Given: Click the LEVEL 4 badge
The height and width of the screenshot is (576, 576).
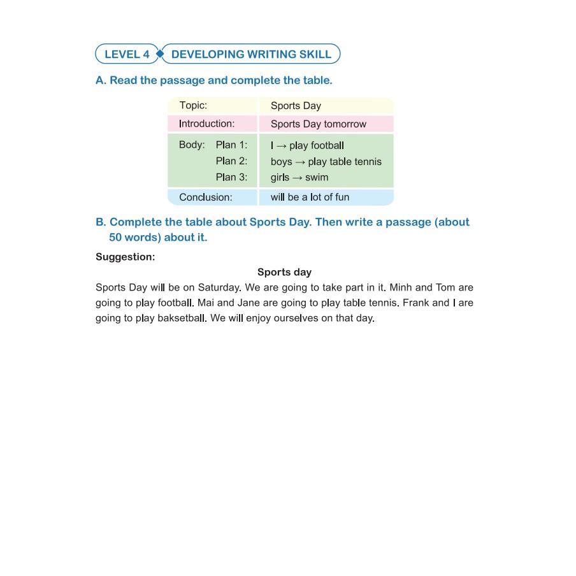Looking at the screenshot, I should [127, 54].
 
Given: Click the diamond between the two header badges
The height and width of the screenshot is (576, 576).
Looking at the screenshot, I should [160, 54].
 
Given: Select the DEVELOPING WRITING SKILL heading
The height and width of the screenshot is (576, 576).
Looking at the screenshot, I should [251, 54].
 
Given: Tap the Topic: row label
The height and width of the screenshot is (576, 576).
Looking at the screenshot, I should [193, 106].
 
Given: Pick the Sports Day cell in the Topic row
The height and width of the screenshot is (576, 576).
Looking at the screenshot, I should [296, 106].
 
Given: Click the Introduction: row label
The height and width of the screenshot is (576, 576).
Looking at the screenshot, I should [206, 124].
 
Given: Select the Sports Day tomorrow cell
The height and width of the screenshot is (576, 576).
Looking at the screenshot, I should [319, 124].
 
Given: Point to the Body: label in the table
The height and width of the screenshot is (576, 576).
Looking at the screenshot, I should [192, 145].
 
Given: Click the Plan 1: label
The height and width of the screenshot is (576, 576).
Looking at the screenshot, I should [231, 145].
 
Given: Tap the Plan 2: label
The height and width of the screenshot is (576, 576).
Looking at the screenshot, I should [231, 161].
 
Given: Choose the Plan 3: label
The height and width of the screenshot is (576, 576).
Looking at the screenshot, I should [231, 177].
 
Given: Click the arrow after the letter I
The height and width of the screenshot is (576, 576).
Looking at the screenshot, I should [281, 146].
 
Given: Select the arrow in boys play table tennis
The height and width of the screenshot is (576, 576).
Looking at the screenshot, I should [300, 162].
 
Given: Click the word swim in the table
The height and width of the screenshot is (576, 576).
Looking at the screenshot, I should [317, 177].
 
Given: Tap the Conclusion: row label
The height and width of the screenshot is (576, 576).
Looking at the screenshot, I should [206, 197].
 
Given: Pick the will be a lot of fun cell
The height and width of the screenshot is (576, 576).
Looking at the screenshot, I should [310, 197].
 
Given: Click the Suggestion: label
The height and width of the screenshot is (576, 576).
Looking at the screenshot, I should [126, 257].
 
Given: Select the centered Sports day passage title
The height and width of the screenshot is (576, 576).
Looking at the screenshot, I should [284, 272].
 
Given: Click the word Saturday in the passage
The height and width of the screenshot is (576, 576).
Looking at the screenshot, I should [219, 287].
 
